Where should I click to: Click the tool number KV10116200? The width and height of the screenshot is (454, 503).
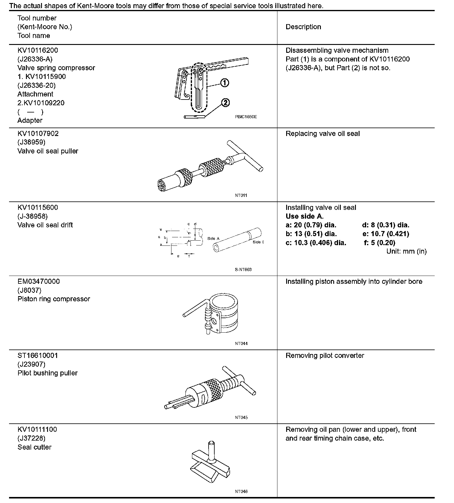[38, 50]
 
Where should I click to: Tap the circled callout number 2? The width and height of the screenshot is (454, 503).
[225, 103]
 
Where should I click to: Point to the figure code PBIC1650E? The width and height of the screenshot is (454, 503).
[246, 117]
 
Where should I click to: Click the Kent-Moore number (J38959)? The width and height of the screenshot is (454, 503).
[31, 142]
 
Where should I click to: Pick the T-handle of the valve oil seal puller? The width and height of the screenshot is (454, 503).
[245, 156]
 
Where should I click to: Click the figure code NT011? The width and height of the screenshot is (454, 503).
[241, 195]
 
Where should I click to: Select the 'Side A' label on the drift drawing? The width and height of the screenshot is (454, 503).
[213, 239]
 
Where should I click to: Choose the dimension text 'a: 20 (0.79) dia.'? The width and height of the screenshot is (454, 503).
[311, 225]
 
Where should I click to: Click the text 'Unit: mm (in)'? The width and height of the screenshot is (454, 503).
[406, 251]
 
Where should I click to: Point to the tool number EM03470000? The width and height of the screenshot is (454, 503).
[39, 281]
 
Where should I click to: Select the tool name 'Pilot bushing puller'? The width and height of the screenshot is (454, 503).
[47, 373]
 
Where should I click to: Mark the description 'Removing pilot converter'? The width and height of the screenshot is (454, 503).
[325, 356]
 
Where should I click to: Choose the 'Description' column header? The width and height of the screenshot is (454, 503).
[303, 27]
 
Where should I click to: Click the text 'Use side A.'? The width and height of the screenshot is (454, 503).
[304, 216]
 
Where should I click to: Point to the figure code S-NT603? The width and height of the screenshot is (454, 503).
[243, 270]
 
